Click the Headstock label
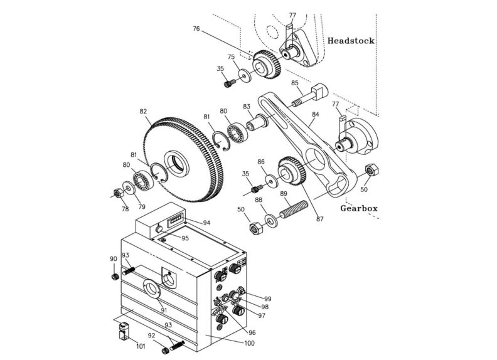tap(351, 41)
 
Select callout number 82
tap(143, 111)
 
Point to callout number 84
tap(315, 115)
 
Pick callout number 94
tap(206, 223)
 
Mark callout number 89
tap(284, 194)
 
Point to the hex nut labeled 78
tap(117, 192)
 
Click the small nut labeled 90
tap(114, 276)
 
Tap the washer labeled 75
tap(243, 77)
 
